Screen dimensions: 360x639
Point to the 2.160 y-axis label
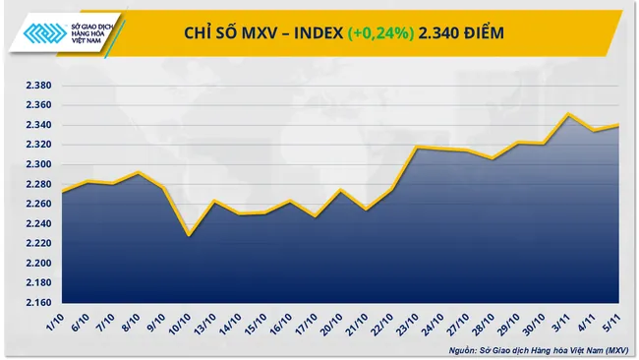pyautogui.click(x=37, y=302)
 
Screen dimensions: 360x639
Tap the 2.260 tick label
pyautogui.click(x=37, y=204)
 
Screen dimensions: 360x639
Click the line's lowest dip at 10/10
pyautogui.click(x=189, y=235)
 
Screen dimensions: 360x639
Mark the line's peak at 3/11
pyautogui.click(x=569, y=114)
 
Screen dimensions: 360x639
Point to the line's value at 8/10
pyautogui.click(x=139, y=173)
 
